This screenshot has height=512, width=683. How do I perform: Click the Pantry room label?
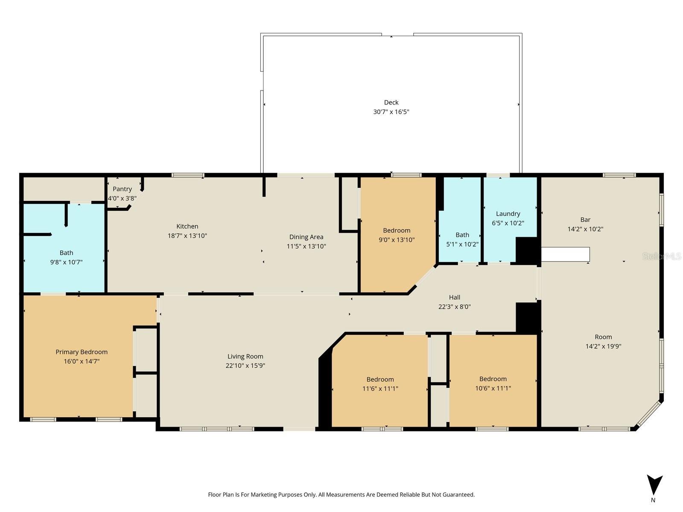coord(122,189)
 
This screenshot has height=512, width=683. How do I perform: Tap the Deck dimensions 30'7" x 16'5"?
coord(391,112)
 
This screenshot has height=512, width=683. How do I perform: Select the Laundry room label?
coord(508,214)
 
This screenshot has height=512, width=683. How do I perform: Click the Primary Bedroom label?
coord(82,352)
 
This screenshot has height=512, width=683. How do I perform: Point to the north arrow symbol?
coord(654,486)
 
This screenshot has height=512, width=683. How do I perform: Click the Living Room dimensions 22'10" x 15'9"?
coord(245,366)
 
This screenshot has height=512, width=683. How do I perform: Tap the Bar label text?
coord(585,220)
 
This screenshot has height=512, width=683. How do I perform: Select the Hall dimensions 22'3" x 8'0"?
coord(454,307)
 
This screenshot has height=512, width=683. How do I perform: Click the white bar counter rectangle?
coord(565,254)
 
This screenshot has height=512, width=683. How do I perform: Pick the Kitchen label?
coord(187,227)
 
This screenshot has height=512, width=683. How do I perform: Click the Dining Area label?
coord(306,237)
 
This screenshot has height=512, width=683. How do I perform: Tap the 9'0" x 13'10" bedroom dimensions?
coord(397,240)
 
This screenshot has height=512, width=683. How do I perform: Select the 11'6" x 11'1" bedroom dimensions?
coord(380,389)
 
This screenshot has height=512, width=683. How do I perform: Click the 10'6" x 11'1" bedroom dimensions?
coord(493,388)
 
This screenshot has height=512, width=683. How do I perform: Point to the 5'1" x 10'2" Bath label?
coord(462,235)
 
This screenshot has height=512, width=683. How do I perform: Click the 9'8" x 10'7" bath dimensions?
coord(66,262)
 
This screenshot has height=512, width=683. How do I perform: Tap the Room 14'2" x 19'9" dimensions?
coord(603,346)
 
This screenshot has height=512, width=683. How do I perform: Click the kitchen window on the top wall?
coord(188,175)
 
